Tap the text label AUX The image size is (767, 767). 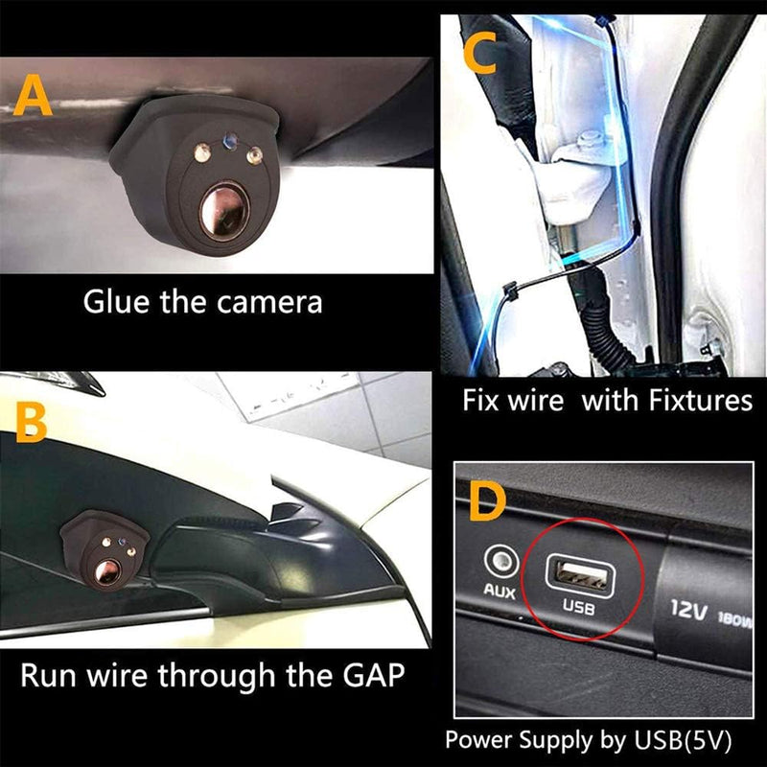click(499, 593)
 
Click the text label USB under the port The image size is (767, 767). click(578, 607)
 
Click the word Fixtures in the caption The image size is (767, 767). click(696, 401)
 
